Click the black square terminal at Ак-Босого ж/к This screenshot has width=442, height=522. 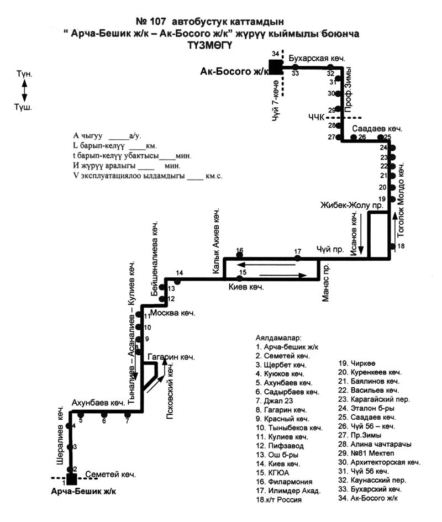pos(275,67)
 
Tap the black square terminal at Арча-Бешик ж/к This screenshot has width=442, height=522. pos(71,478)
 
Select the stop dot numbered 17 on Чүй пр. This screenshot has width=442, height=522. pos(298,258)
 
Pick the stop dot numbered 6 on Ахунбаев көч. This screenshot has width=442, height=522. pos(104,414)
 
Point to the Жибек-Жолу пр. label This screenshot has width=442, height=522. pos(352,205)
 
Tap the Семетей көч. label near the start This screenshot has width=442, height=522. pos(110,474)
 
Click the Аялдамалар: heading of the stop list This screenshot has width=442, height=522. pos(278,336)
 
